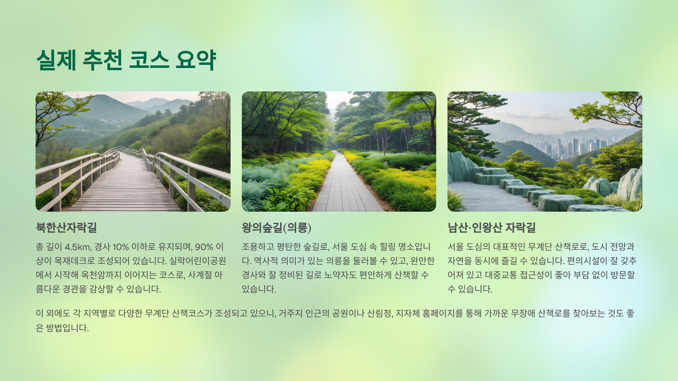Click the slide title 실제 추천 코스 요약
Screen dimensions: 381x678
126,60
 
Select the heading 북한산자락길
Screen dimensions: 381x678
66,227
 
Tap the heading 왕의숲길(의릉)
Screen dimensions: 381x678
276,227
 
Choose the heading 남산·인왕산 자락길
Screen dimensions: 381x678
492,227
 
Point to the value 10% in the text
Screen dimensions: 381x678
121,247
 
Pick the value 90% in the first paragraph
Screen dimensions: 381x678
204,247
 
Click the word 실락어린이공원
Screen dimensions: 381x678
197,261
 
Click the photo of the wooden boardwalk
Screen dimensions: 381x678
133,152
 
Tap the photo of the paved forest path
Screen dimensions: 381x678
339,152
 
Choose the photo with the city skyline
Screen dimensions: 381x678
545,152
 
